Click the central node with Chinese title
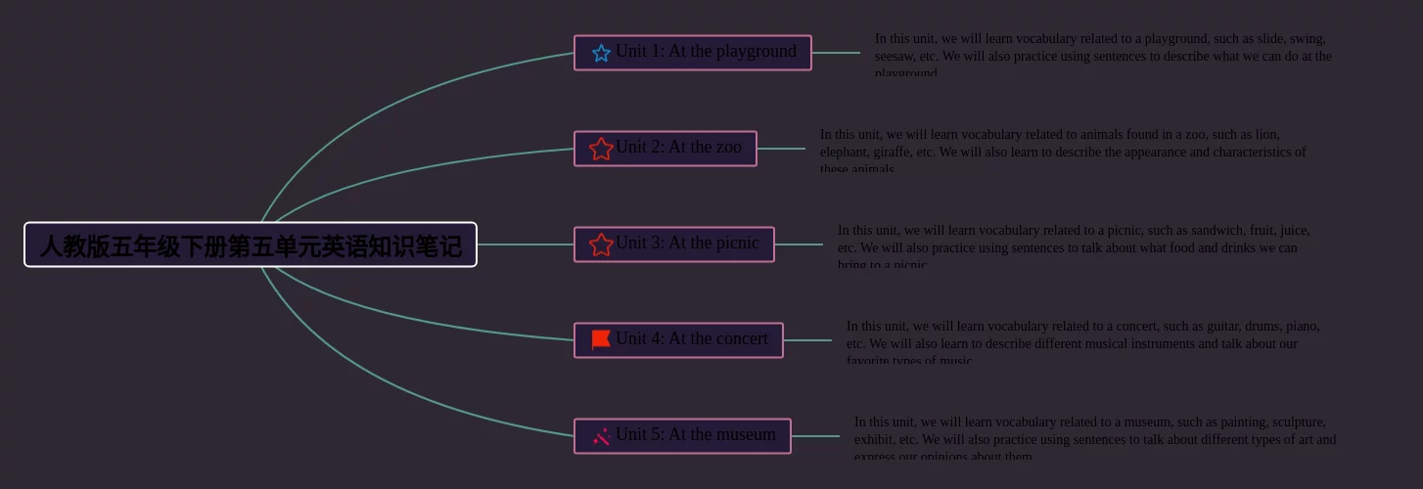251,244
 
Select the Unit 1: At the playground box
692,53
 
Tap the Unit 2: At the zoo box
665,149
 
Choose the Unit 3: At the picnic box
673,244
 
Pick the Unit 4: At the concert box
678,340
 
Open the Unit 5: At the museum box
682,436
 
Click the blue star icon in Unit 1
601,53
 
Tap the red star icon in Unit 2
601,149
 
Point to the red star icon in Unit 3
601,244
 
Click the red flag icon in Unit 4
601,339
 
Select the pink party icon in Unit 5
601,436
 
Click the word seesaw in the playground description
895,57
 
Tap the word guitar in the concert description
1212,327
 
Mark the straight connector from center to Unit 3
525,244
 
